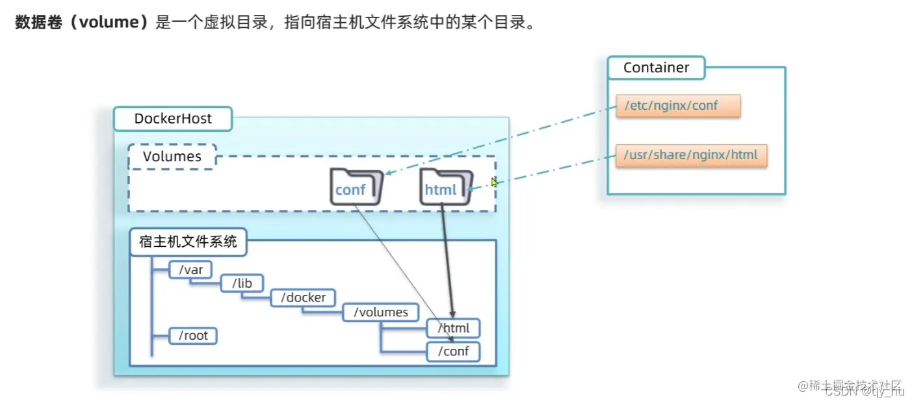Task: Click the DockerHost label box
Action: [172, 119]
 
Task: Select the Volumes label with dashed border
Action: [172, 157]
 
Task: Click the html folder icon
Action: [445, 187]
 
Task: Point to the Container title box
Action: [656, 68]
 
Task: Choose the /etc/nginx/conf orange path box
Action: [678, 105]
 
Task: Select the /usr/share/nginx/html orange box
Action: [691, 156]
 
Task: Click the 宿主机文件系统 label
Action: [188, 243]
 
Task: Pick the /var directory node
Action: [190, 269]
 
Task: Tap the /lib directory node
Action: [241, 283]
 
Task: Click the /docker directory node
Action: [303, 297]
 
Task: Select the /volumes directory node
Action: [380, 312]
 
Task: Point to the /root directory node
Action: [192, 336]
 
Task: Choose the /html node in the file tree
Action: [453, 328]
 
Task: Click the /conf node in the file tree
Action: [453, 352]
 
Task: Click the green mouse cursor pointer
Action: [494, 183]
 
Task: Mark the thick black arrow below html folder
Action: [447, 260]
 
